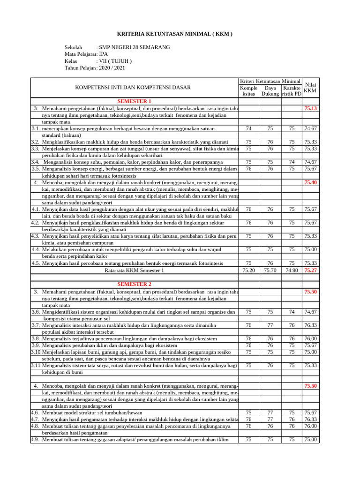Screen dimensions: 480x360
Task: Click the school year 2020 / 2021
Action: pos(112,68)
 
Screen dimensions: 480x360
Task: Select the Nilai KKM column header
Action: pos(310,88)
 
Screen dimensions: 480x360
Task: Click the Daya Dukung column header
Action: pos(270,91)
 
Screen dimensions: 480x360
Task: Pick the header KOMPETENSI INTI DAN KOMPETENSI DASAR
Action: pos(133,87)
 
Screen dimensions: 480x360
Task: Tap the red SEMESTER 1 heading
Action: pos(135,101)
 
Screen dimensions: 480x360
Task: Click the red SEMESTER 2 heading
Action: pos(135,284)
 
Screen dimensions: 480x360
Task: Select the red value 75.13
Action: pos(310,108)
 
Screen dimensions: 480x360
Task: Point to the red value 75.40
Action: pos(310,182)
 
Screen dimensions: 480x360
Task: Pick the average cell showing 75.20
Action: pos(248,270)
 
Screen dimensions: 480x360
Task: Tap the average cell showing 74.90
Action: pos(292,270)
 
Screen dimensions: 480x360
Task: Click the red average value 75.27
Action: pos(310,270)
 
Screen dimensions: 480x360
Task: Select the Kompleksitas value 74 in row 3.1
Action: pos(248,128)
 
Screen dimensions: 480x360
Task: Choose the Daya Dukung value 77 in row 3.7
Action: pos(270,325)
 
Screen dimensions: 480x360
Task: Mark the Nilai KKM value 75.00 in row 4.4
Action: pos(310,250)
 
